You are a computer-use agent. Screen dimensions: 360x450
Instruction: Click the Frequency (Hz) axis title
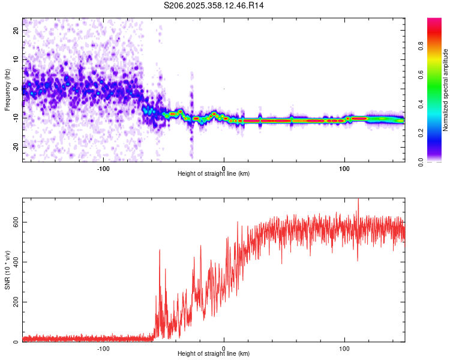7,90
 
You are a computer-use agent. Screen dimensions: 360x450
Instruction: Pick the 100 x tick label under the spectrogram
344,167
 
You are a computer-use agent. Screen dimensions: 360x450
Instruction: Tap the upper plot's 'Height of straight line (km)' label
214,174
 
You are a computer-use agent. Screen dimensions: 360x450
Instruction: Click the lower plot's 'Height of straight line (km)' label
214,354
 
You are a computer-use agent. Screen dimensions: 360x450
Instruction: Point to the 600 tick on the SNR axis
14,222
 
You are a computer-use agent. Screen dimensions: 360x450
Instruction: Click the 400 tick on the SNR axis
14,262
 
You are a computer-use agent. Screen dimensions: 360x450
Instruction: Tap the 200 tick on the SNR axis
14,302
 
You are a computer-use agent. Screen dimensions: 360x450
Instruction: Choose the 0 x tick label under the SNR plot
224,347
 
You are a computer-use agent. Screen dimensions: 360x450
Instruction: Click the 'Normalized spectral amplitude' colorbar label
446,90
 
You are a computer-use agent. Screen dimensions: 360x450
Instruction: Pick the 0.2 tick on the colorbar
438,133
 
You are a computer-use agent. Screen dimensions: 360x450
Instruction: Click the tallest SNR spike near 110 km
358,200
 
